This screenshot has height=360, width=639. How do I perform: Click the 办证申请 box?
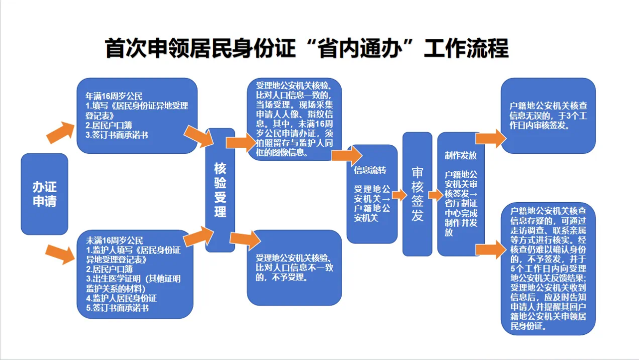[x=44, y=194]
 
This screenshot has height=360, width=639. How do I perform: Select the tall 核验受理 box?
[x=220, y=190]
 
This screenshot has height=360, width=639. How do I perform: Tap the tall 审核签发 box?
[x=417, y=194]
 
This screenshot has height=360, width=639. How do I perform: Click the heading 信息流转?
[x=370, y=170]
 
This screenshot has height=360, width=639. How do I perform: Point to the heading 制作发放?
[x=461, y=156]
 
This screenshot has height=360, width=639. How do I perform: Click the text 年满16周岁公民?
[x=114, y=96]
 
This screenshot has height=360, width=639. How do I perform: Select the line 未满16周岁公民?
[x=114, y=241]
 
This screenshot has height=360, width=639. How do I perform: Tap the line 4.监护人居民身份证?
[x=121, y=298]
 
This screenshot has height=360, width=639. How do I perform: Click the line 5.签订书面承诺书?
[x=117, y=308]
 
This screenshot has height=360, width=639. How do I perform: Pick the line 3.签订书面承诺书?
[x=117, y=135]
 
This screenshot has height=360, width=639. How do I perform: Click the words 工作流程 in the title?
[x=467, y=48]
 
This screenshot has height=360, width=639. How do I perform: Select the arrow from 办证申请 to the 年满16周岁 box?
[x=60, y=133]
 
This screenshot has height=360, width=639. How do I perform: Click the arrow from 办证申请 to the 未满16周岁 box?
[x=60, y=254]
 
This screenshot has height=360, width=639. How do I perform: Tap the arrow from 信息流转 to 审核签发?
[x=400, y=195]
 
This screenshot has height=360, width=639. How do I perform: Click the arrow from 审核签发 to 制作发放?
[x=436, y=195]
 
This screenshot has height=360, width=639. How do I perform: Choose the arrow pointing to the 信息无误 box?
[x=491, y=139]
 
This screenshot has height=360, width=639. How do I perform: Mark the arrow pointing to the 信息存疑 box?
[x=491, y=250]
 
